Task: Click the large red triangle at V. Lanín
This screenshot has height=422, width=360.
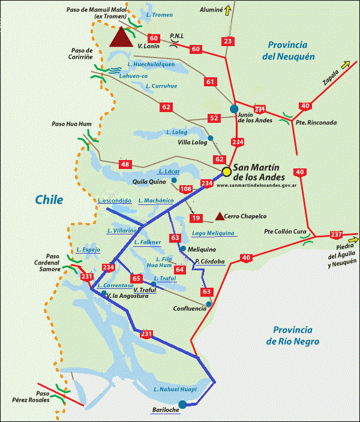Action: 122,37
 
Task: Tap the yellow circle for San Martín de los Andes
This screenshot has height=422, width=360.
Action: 226,172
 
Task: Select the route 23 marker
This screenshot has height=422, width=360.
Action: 227,41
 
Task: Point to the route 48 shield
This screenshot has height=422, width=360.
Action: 125,164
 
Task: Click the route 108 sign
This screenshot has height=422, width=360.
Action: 186,189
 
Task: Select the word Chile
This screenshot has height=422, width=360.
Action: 49,200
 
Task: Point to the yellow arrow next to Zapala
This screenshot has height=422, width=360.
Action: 346,65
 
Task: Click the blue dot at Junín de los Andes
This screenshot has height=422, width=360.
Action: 233,108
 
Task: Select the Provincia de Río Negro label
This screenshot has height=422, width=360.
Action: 295,336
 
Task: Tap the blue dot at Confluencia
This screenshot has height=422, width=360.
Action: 208,305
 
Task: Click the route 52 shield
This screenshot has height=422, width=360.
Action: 214,118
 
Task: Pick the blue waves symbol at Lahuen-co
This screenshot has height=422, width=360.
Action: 115,70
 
